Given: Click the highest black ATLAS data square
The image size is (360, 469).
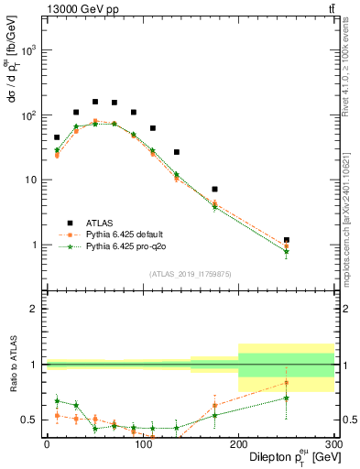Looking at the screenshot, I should (95, 102).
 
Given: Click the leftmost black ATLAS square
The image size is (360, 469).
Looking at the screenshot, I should (57, 137).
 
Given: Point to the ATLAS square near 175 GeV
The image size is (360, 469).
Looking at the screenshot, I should (214, 190).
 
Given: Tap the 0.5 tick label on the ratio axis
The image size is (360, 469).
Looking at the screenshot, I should (31, 420).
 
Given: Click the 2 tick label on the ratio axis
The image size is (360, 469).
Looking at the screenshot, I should (35, 309).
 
